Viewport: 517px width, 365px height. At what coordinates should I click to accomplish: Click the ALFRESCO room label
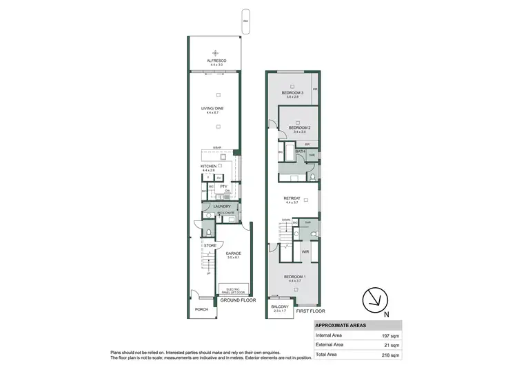(x=217, y=61)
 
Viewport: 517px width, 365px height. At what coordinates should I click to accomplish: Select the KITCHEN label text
(x=209, y=166)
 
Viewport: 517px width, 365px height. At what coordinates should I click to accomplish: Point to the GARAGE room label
(x=234, y=253)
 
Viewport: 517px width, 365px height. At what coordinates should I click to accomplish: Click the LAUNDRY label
(x=221, y=206)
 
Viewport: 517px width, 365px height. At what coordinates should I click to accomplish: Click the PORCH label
(x=201, y=309)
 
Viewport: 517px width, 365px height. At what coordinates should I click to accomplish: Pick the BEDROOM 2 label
(x=298, y=128)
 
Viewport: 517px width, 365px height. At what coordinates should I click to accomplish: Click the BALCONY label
(x=279, y=306)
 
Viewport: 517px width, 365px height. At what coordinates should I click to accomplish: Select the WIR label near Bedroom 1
(x=305, y=253)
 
